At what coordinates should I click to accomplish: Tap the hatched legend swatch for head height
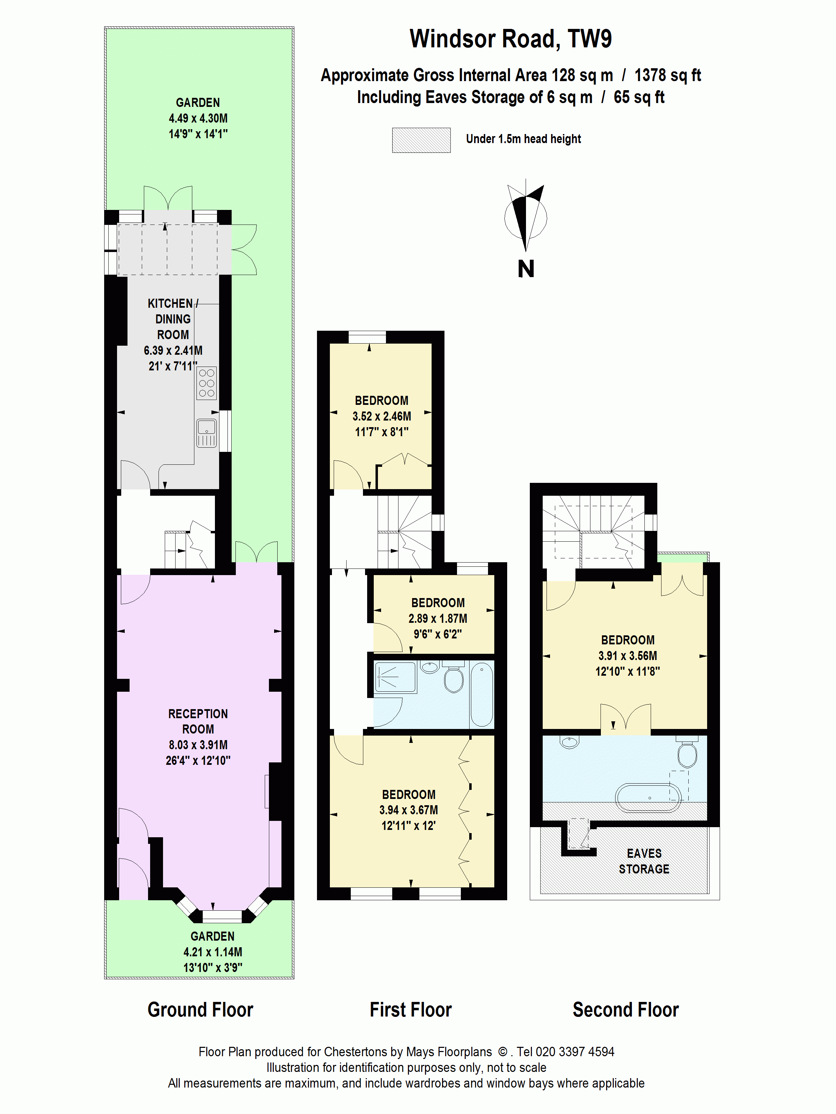[421, 140]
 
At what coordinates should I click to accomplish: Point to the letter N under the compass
[526, 269]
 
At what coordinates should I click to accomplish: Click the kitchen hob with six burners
[207, 383]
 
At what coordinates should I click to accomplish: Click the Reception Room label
[198, 721]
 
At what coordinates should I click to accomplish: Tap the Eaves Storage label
[644, 861]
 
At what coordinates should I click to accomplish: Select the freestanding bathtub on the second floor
[648, 798]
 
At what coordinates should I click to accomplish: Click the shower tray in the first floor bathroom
[395, 677]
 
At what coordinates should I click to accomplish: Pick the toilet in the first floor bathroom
[454, 680]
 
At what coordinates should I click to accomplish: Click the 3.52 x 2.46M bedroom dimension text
[381, 416]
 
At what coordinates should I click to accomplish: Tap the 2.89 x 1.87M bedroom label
[438, 618]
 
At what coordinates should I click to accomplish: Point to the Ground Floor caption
[200, 1010]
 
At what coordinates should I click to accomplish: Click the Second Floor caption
[625, 1010]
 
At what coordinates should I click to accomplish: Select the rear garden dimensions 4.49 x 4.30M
[198, 119]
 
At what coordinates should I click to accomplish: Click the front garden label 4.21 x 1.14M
[212, 952]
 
